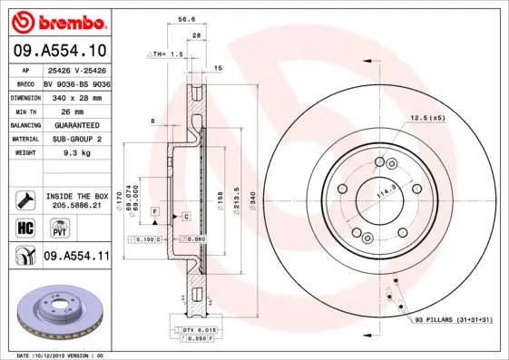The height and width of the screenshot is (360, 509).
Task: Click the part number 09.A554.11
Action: (x=76, y=258)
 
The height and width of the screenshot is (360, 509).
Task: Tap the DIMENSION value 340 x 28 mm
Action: (x=75, y=97)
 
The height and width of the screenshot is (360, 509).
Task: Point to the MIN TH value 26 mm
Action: (x=61, y=111)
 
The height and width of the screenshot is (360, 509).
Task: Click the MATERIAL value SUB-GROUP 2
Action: (x=75, y=139)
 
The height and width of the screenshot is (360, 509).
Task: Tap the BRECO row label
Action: (x=26, y=83)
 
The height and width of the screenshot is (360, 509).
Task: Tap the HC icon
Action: (x=26, y=227)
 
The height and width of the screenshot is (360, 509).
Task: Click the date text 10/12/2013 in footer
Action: (x=61, y=355)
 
